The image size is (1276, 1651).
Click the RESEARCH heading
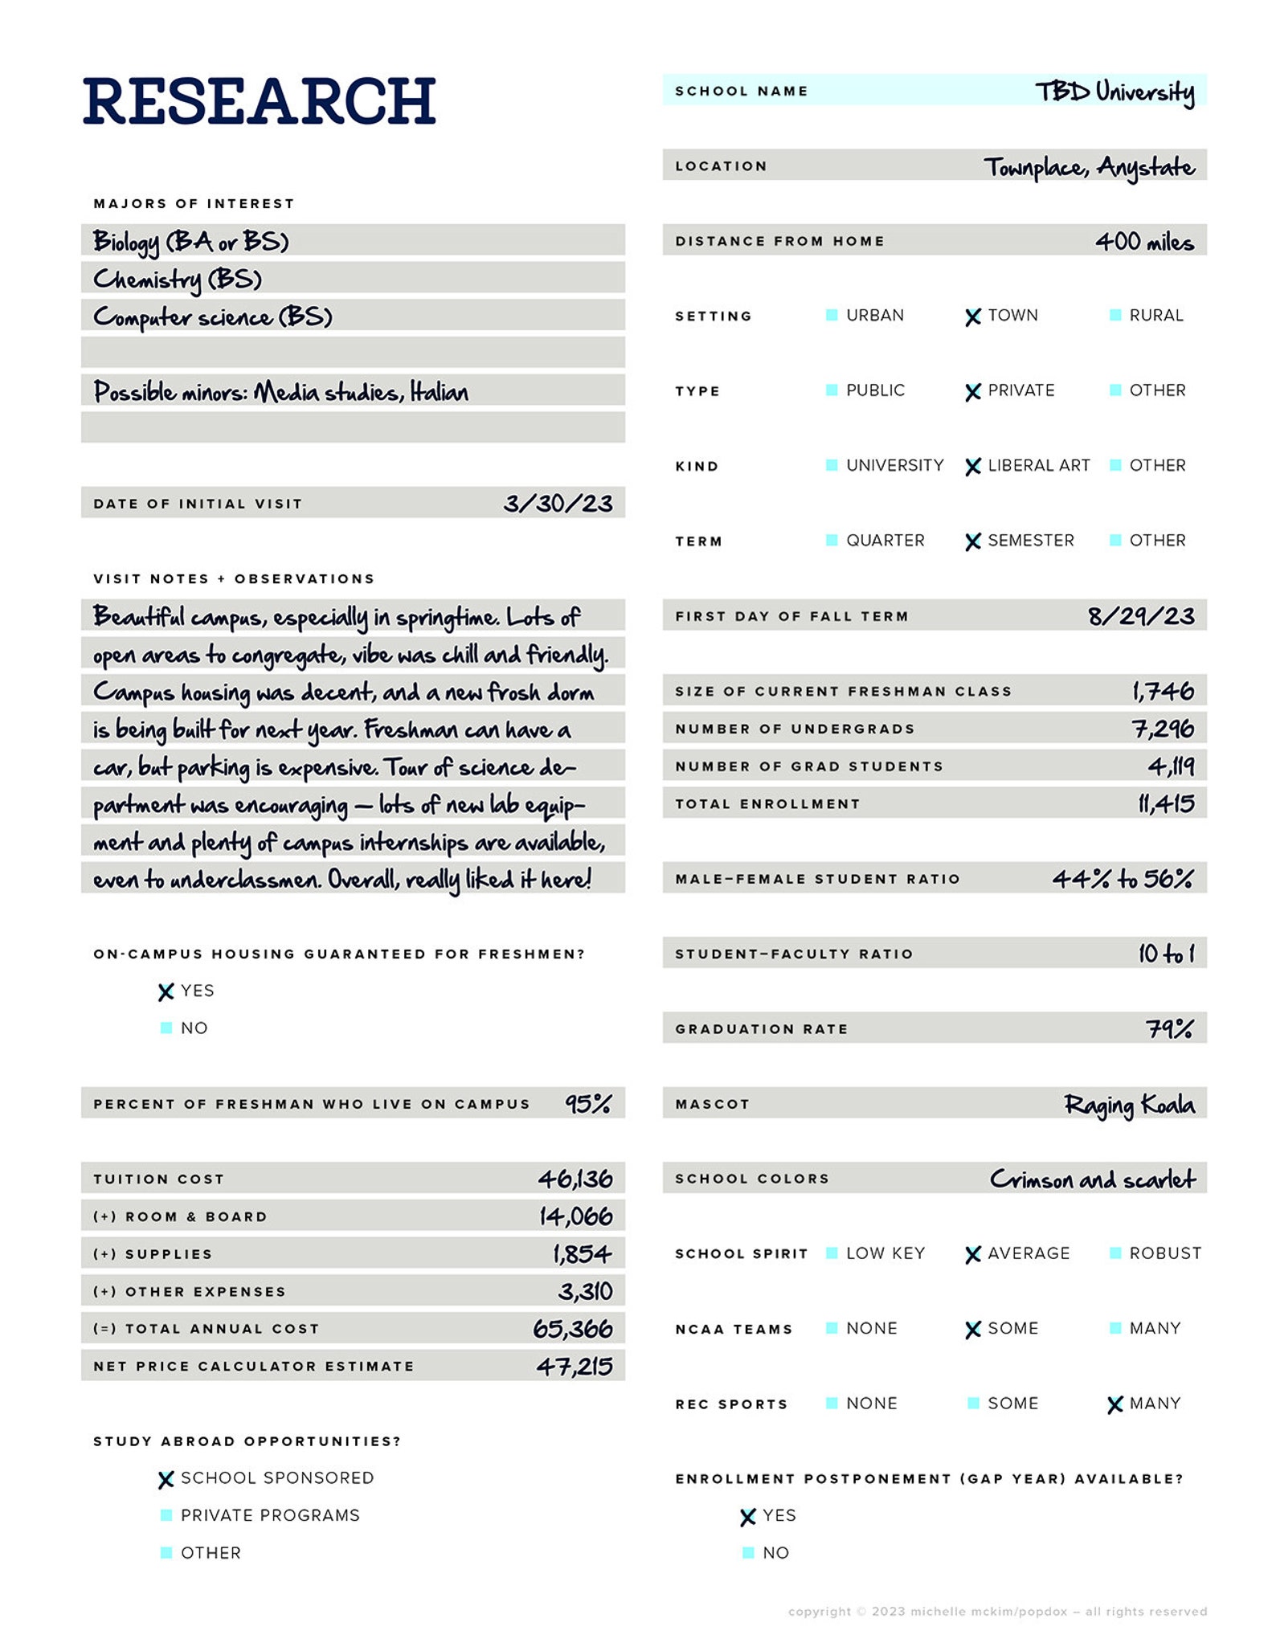(259, 101)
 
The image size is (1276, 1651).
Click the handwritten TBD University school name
(1114, 92)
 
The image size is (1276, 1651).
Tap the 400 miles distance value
(1143, 241)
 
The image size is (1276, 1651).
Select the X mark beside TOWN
(972, 317)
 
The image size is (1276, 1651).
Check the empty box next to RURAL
(1114, 315)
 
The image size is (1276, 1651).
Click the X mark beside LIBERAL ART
(972, 467)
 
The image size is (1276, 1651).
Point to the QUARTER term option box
(832, 540)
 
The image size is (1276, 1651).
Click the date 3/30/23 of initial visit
(558, 504)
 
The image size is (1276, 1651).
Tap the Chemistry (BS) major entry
(178, 279)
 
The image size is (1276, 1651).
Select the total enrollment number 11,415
(1165, 803)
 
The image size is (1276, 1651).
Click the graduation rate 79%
(1169, 1028)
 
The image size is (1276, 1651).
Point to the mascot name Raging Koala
(1129, 1105)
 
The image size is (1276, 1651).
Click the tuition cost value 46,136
(575, 1179)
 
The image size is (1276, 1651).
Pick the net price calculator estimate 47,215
(575, 1366)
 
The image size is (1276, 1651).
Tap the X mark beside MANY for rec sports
(1114, 1404)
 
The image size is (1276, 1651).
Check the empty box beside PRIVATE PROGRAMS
(166, 1515)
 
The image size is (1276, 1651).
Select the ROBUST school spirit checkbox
(1114, 1253)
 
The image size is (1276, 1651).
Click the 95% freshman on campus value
(588, 1104)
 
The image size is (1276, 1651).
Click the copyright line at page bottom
(997, 1611)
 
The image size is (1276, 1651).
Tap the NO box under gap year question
(748, 1552)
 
